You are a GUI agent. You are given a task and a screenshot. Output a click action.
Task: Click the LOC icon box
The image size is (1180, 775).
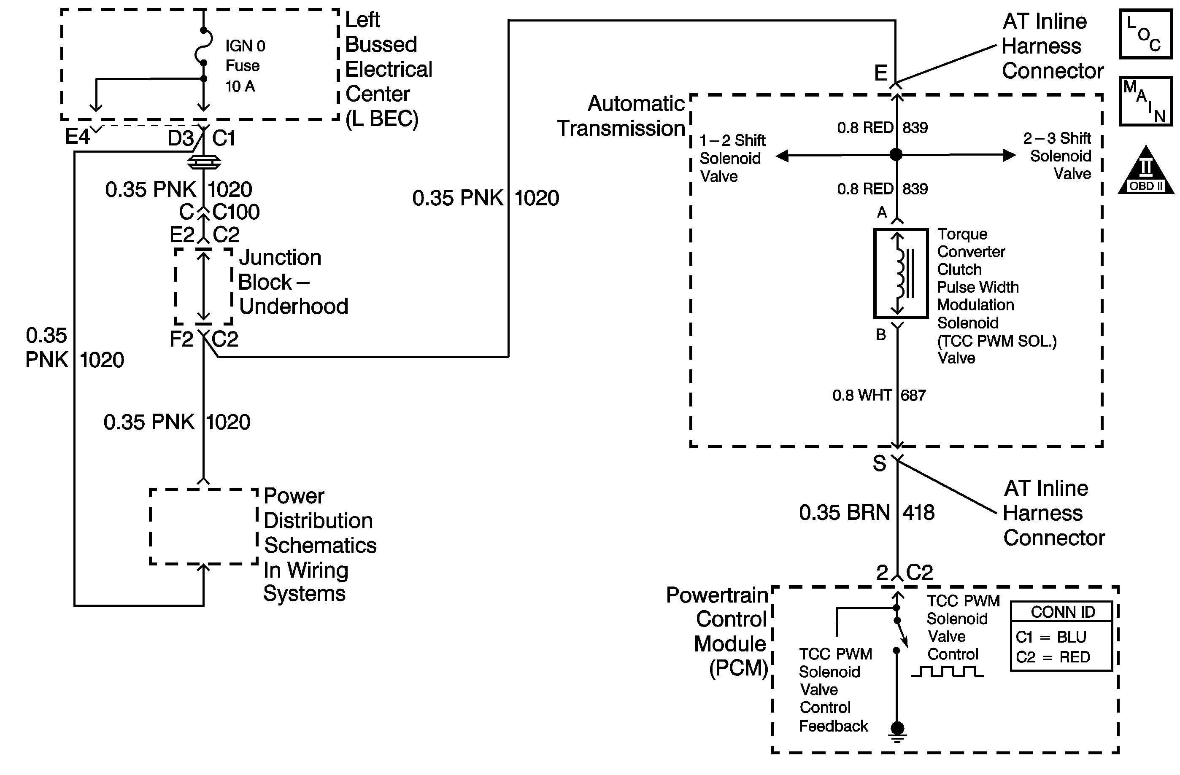point(1146,34)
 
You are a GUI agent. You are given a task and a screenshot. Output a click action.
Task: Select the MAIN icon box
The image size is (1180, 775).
point(1146,101)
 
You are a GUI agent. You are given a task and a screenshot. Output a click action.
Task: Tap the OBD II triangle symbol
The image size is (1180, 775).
point(1146,171)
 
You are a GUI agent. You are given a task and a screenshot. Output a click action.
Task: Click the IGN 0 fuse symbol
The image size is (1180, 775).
point(204,46)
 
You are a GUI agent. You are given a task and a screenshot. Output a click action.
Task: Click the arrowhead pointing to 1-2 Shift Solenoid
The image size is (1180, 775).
point(782,156)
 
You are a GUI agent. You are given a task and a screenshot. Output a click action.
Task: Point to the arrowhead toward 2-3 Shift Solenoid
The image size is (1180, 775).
point(1009,155)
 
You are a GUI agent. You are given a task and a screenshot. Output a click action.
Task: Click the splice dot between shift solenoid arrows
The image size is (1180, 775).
point(896,155)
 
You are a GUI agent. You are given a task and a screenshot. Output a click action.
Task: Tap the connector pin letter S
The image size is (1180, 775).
point(879,464)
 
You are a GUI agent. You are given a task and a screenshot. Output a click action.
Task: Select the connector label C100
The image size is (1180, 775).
point(236,212)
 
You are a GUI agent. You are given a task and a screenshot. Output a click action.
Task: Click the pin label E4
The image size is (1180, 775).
point(77,137)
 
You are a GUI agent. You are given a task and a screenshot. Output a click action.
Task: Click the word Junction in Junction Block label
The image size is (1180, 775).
point(280,258)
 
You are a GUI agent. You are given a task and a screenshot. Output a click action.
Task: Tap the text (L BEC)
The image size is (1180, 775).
point(382,119)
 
